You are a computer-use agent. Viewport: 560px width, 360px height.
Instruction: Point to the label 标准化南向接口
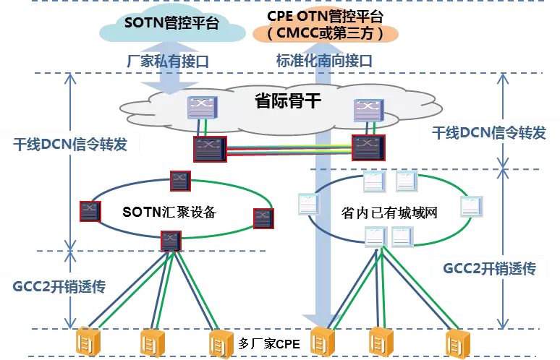coord(324,61)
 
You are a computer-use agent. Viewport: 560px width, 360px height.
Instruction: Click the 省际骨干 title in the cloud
coord(288,102)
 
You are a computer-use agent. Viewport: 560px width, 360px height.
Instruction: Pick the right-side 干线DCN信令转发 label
coord(488,133)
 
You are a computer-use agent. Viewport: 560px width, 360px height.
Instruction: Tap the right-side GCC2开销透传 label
coord(488,269)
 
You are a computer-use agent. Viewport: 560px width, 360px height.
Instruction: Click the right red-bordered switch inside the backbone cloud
coord(368,147)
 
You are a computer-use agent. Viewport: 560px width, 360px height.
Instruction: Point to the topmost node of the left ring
coord(180,181)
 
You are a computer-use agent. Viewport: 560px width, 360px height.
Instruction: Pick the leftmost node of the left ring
coord(90,211)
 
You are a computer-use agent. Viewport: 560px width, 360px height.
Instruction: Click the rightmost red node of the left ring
coord(263,218)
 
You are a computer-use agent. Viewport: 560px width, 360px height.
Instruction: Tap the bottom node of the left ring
coord(170,241)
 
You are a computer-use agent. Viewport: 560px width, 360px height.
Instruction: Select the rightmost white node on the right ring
coord(472,207)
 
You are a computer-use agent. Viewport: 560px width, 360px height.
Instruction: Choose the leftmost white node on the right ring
coord(308,204)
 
